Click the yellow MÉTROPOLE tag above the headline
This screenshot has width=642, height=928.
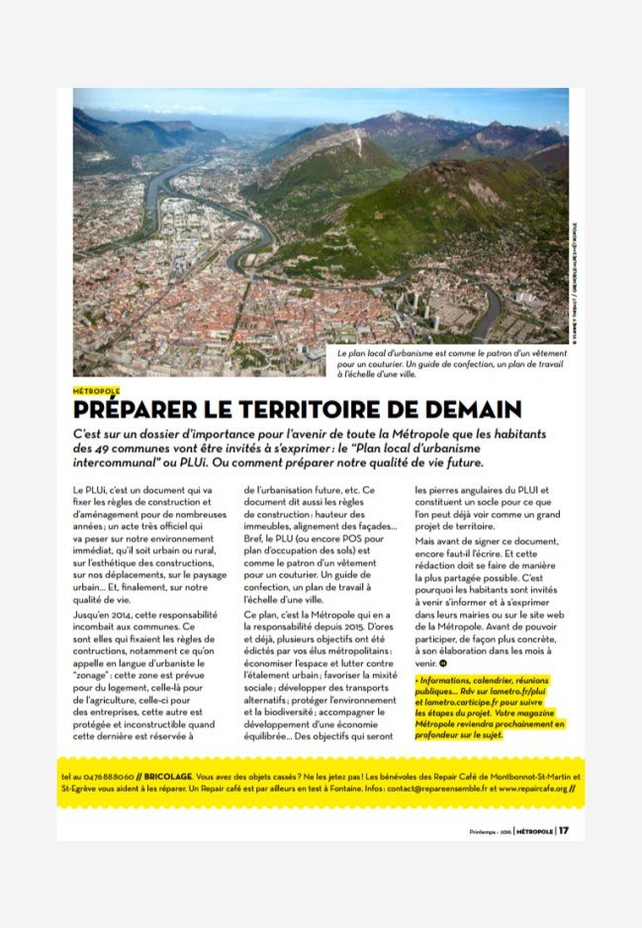(97, 391)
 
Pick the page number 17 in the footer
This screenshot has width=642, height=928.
(563, 830)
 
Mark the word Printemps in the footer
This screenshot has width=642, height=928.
(485, 831)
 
